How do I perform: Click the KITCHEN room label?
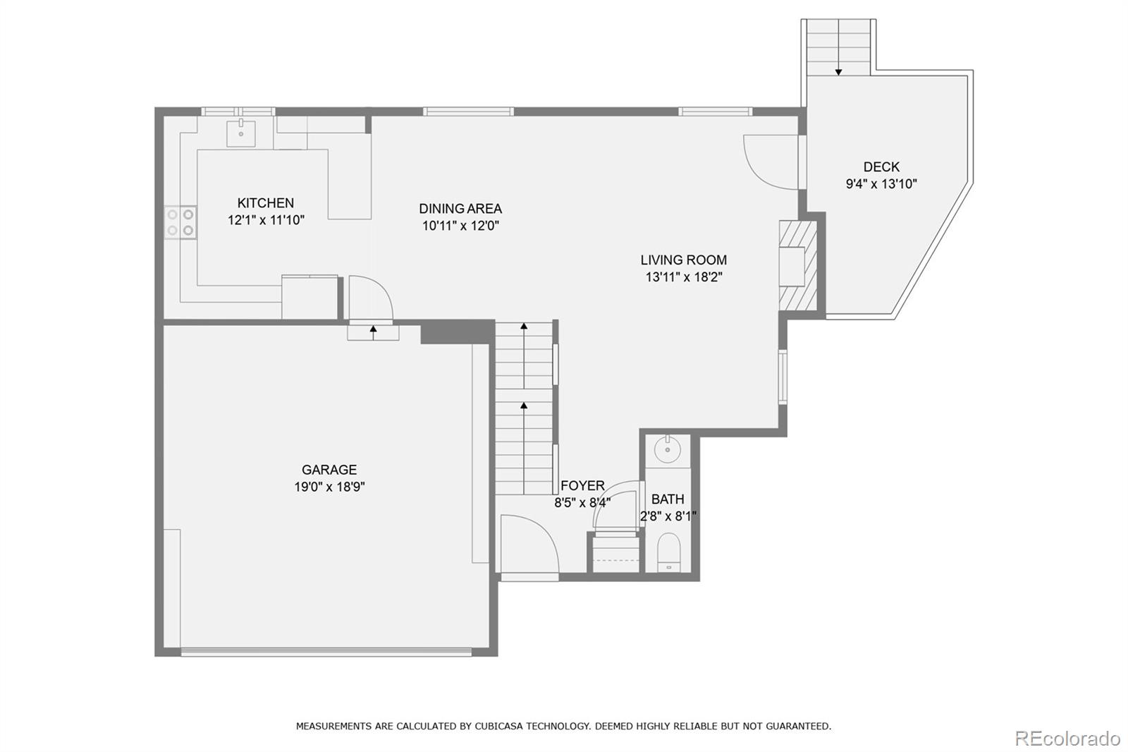265,203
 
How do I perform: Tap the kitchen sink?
240,133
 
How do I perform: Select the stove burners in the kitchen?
180,222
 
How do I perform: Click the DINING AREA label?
460,209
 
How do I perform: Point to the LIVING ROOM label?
683,260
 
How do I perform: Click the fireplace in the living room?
797,266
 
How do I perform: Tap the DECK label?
881,166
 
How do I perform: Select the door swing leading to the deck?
771,162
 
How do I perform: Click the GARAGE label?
329,470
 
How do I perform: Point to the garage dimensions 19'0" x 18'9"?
329,487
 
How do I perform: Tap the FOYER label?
582,486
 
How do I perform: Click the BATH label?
668,499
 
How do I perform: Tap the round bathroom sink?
668,449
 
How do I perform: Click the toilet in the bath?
669,552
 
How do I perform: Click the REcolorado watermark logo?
1067,739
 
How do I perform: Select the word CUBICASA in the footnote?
496,727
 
